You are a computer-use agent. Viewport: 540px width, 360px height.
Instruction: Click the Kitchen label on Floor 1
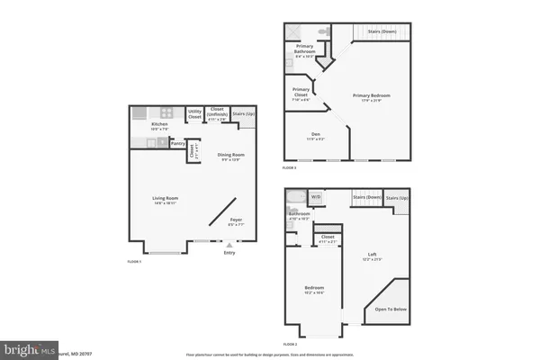[159, 124]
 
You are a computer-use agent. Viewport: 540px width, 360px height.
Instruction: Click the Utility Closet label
[195, 114]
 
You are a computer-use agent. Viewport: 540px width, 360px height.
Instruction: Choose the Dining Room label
[231, 155]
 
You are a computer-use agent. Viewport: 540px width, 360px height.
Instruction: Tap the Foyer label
[236, 220]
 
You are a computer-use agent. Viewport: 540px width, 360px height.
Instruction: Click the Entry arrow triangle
[230, 244]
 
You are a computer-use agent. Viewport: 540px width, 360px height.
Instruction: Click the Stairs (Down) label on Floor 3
[381, 31]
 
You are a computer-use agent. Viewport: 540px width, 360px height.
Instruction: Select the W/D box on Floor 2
[316, 196]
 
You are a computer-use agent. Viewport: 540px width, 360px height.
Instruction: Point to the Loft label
[373, 255]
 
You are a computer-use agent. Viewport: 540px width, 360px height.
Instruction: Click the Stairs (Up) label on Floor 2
[397, 196]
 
